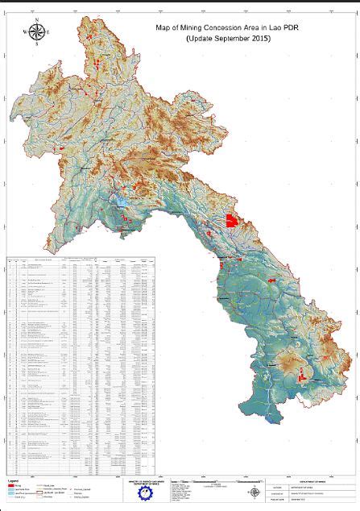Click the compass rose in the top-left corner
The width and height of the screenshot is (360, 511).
36,33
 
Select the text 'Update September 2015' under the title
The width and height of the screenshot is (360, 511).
228,39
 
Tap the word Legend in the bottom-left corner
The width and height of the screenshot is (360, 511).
14,483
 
